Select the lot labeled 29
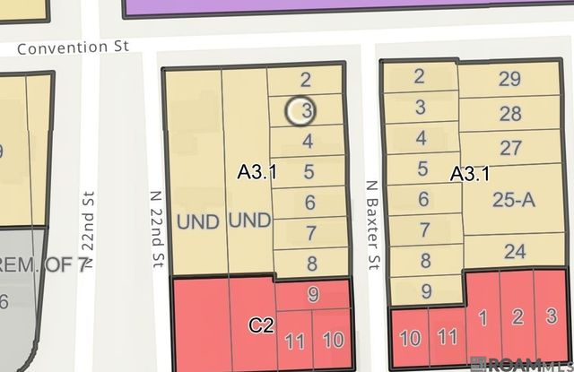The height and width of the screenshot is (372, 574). [509, 79]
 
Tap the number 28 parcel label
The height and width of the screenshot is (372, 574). [509, 114]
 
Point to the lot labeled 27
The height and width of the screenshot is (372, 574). [509, 148]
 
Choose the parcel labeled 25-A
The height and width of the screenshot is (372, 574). [513, 201]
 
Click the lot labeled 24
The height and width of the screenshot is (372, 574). [514, 251]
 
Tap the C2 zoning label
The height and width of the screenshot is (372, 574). [261, 325]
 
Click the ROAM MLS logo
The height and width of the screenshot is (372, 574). [525, 363]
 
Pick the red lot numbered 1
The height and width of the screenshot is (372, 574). [482, 316]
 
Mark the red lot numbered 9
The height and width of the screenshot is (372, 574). [312, 294]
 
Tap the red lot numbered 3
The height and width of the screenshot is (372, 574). [551, 316]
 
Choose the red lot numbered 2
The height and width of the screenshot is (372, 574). [517, 316]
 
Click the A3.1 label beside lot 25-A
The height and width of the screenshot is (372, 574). [469, 175]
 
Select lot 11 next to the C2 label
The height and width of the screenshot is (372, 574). [294, 341]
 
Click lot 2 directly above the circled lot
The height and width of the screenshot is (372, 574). [306, 80]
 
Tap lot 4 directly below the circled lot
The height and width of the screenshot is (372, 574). [308, 141]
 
